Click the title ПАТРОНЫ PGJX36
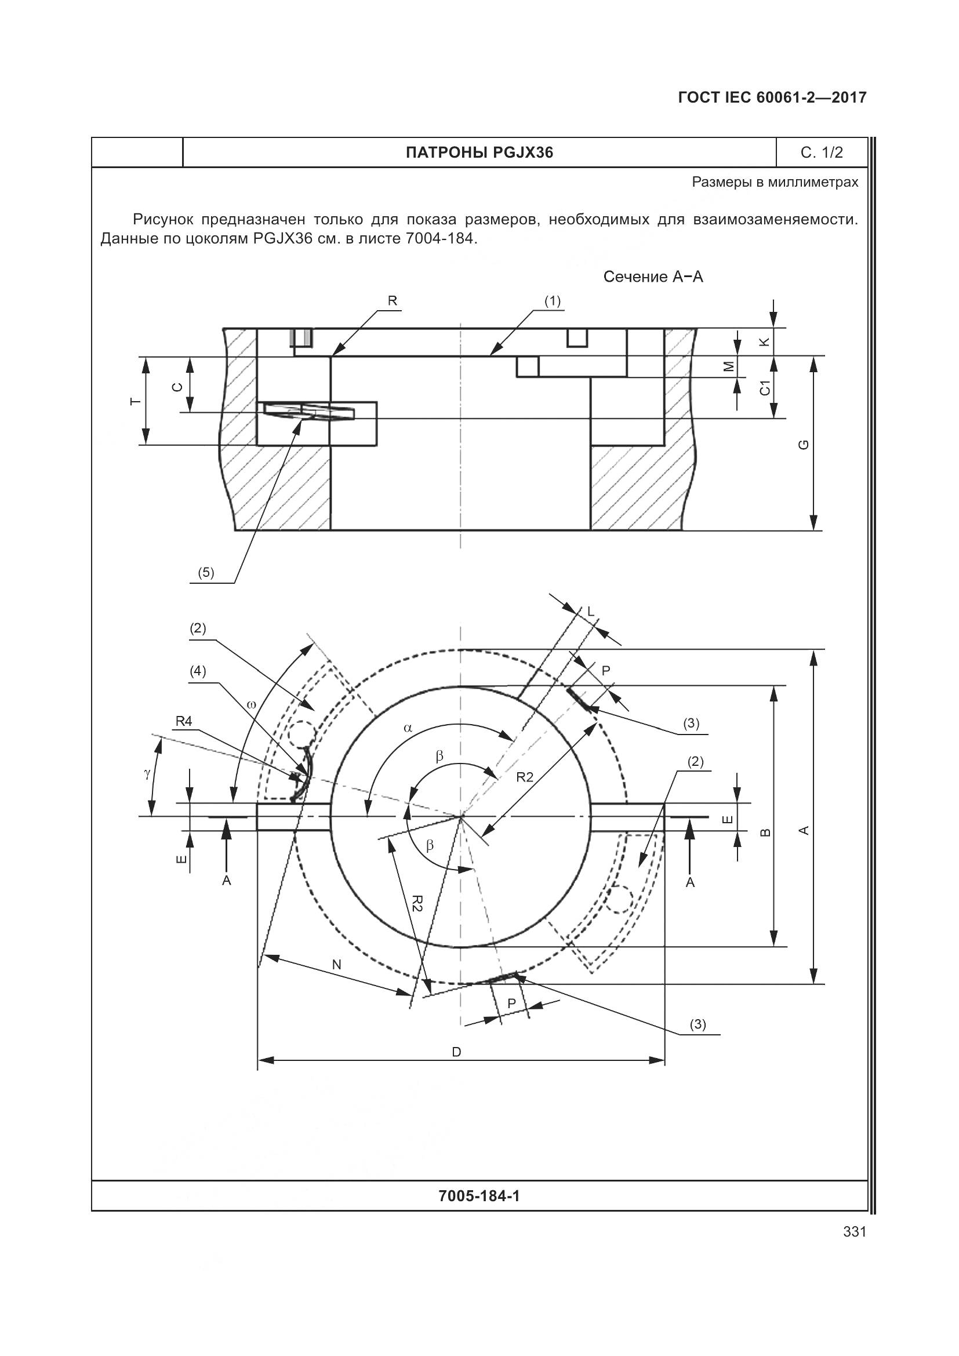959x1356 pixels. point(479,153)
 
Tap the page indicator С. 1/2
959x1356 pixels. point(822,153)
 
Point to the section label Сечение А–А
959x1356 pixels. point(653,277)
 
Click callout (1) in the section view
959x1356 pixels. point(552,301)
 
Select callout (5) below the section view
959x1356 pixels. point(205,572)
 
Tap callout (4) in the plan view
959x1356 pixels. point(198,671)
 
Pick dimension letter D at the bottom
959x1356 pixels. point(456,1052)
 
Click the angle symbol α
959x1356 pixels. point(408,728)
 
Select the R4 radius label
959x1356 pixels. point(184,721)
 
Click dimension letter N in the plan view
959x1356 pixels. point(337,965)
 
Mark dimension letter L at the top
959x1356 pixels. point(590,612)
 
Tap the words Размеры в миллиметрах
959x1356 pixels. point(775,183)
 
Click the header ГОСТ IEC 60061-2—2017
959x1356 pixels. point(772,98)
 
